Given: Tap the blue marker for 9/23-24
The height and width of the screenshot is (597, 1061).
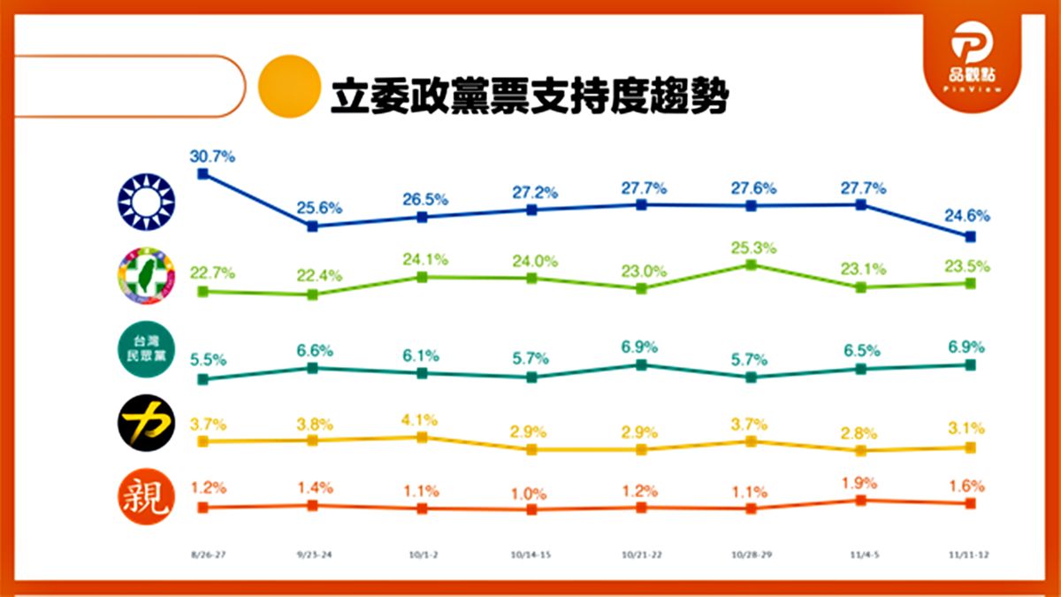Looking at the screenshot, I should point(312,226).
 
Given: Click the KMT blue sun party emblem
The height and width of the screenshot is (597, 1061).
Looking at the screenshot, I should point(147,200).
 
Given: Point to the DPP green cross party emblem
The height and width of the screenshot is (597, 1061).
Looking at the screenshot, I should point(147,275).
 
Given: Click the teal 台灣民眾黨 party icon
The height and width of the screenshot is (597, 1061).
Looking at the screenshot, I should point(147,349).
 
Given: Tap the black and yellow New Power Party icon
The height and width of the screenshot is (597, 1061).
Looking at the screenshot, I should point(147,423).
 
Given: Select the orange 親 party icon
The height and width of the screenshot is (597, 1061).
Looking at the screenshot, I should point(147,497).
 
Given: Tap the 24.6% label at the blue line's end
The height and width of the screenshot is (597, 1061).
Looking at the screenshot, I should point(967,215).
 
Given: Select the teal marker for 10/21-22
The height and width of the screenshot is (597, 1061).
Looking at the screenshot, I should point(642,364).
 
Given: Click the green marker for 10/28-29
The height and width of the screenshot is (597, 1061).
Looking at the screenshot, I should point(751,264).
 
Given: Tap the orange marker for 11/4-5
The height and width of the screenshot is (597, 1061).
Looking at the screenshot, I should point(860,501).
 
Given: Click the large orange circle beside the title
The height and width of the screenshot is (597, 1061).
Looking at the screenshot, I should point(288,86).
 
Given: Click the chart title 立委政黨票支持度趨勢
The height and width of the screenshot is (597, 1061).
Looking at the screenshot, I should point(529,96).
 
